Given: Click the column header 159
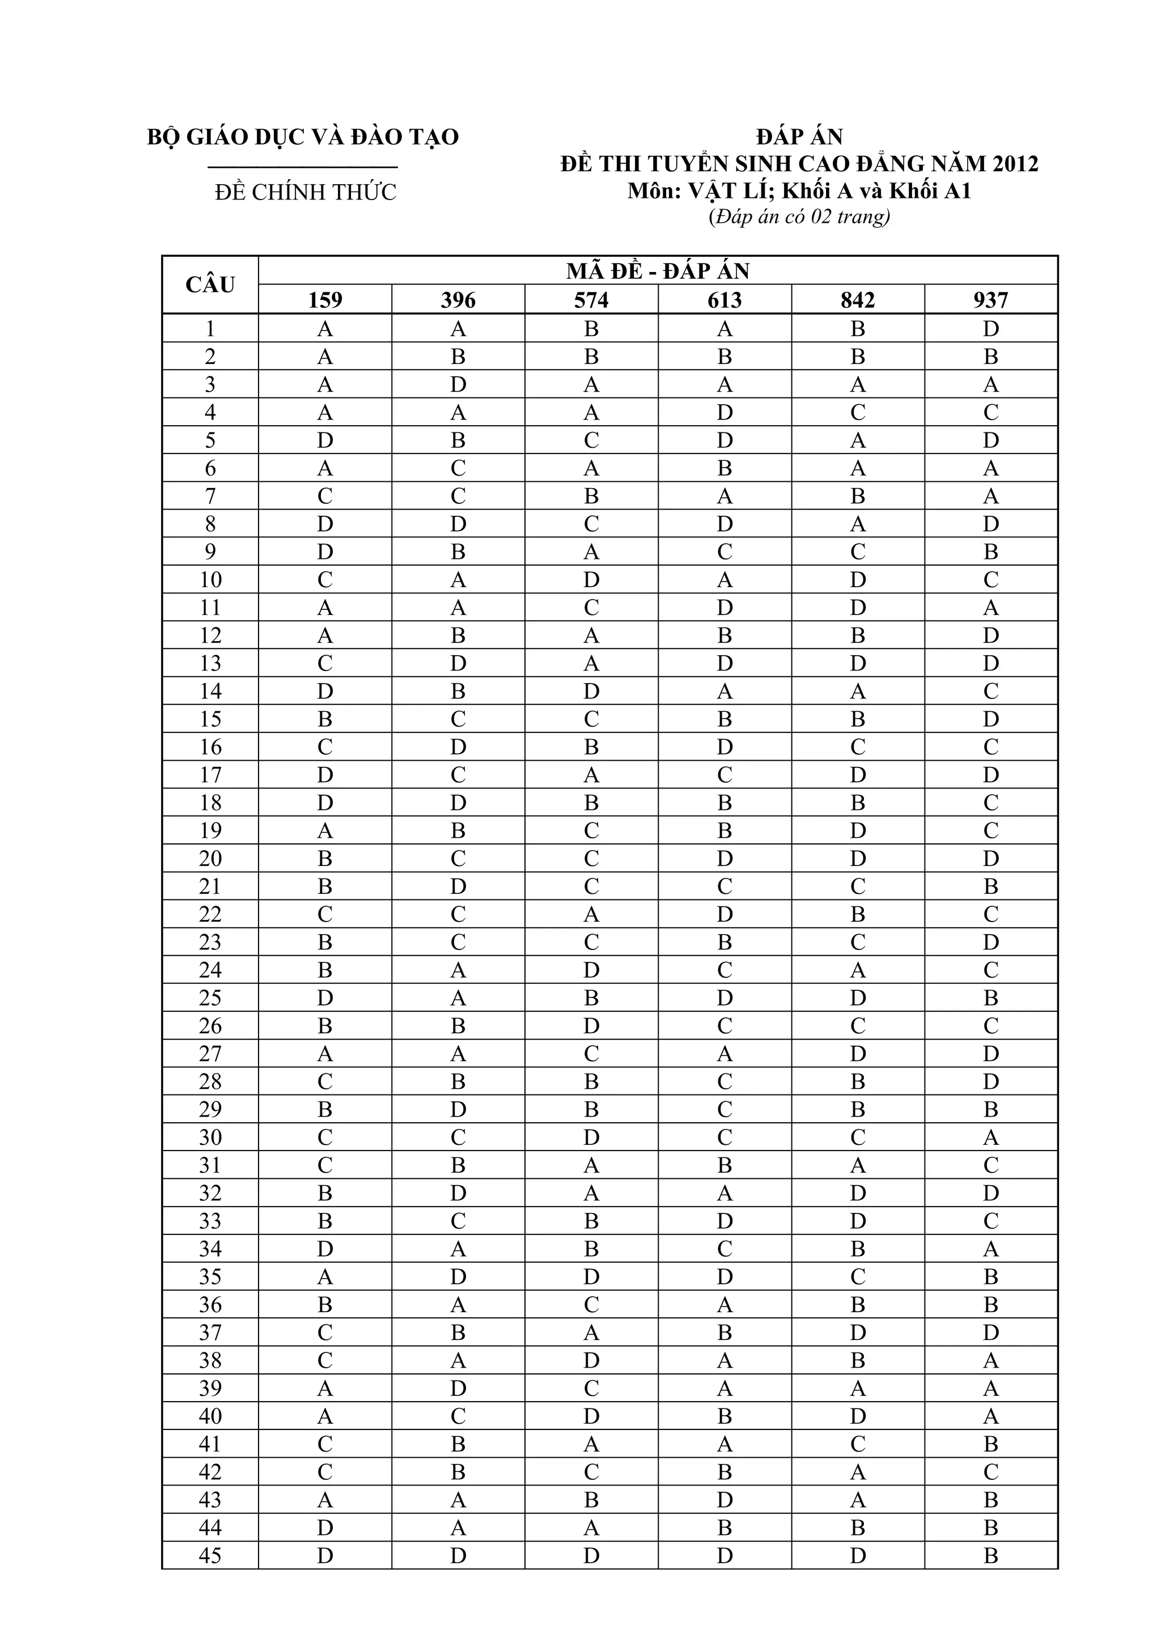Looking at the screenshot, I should [325, 300].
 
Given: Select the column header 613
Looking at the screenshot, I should [724, 300].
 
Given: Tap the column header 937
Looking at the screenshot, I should [991, 300].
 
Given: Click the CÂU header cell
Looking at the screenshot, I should [210, 285].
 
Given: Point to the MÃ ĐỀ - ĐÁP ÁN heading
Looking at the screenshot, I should [658, 271].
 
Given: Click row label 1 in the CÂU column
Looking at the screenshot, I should [210, 329].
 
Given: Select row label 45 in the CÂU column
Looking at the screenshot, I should [210, 1555].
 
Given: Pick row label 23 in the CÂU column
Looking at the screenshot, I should [210, 942].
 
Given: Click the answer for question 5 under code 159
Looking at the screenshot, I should [325, 440].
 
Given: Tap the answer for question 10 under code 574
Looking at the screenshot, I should [591, 580].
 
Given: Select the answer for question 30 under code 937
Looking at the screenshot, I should [991, 1137].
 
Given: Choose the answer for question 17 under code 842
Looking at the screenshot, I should [858, 775].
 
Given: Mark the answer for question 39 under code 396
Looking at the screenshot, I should [458, 1388].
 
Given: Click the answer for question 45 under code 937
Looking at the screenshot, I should [991, 1555].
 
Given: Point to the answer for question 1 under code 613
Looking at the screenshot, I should [724, 329].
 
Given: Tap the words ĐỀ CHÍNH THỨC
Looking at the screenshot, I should [306, 192].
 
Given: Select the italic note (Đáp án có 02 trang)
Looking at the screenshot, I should [799, 217].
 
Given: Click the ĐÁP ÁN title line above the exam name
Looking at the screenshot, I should [799, 137].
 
